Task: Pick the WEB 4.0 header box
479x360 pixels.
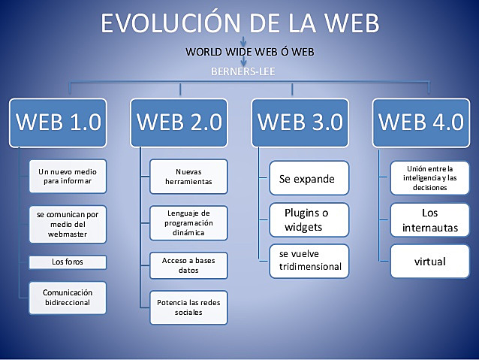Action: [420, 122]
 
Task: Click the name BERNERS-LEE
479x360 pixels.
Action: [239, 72]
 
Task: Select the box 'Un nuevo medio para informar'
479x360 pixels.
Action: [68, 176]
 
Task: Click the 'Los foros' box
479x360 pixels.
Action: [68, 262]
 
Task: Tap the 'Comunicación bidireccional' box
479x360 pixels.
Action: [68, 298]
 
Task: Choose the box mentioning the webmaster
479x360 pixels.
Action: [68, 223]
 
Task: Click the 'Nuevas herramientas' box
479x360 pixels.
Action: [188, 176]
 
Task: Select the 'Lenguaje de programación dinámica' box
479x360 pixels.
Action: [188, 222]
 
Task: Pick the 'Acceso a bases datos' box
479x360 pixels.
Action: [188, 265]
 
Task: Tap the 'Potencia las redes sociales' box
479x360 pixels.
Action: [188, 307]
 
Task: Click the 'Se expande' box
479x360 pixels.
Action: [309, 179]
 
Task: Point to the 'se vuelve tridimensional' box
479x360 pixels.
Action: [309, 260]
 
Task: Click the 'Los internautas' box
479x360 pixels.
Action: [430, 220]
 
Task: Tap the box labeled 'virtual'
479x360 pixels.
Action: [430, 262]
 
